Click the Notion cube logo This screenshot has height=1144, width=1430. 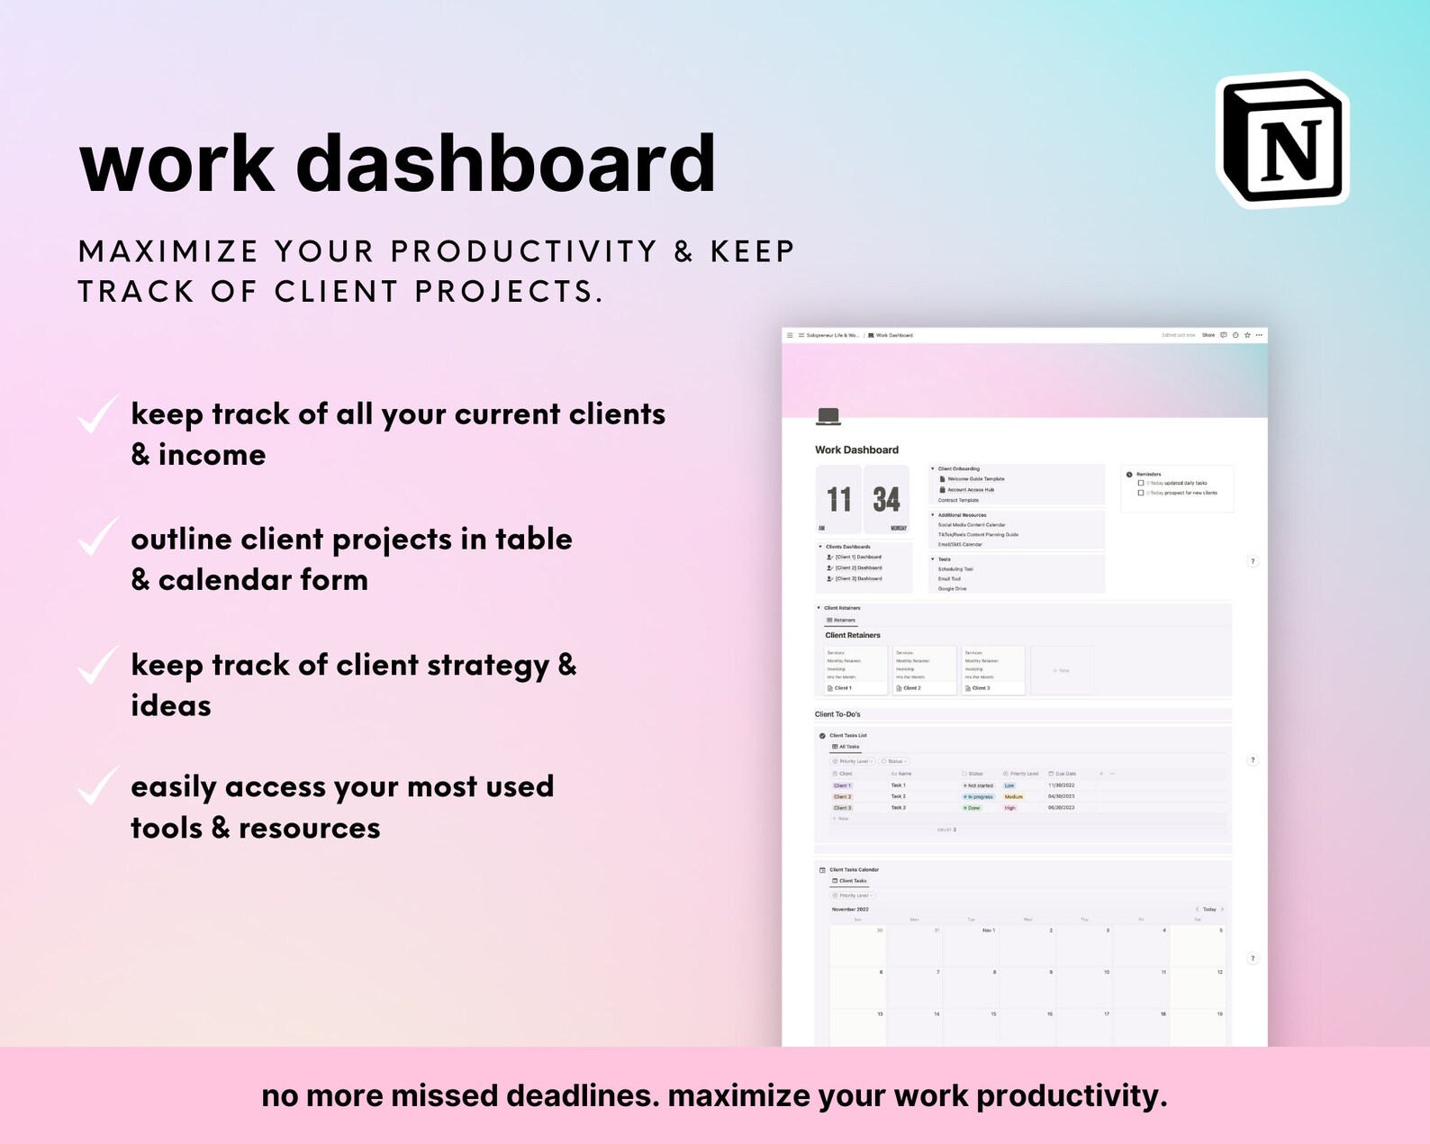pyautogui.click(x=1283, y=141)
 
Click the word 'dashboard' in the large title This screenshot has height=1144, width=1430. pyautogui.click(x=505, y=163)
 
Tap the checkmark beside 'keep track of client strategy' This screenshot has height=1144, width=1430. pyautogui.click(x=96, y=666)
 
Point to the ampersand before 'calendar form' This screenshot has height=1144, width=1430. pyautogui.click(x=140, y=579)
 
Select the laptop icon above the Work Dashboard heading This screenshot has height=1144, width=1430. pyautogui.click(x=828, y=416)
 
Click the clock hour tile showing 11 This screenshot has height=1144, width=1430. pyautogui.click(x=838, y=499)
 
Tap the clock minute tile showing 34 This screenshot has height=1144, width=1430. pyautogui.click(x=886, y=499)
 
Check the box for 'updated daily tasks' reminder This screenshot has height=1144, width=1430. pyautogui.click(x=1141, y=483)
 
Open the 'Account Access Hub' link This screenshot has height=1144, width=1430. pyautogui.click(x=971, y=490)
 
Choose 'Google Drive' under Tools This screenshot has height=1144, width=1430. pyautogui.click(x=952, y=589)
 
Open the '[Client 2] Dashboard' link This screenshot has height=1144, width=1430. pyautogui.click(x=858, y=568)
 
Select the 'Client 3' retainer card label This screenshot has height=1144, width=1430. pyautogui.click(x=981, y=688)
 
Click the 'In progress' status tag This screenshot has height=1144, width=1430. pyautogui.click(x=979, y=797)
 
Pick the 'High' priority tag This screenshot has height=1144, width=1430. pyautogui.click(x=1010, y=808)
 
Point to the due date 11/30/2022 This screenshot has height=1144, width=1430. pyautogui.click(x=1061, y=785)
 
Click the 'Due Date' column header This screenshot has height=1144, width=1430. pyautogui.click(x=1064, y=774)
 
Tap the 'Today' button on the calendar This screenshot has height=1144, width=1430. pyautogui.click(x=1209, y=910)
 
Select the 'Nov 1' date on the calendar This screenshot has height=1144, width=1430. pyautogui.click(x=989, y=931)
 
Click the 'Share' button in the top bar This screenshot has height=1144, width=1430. pyautogui.click(x=1208, y=335)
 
